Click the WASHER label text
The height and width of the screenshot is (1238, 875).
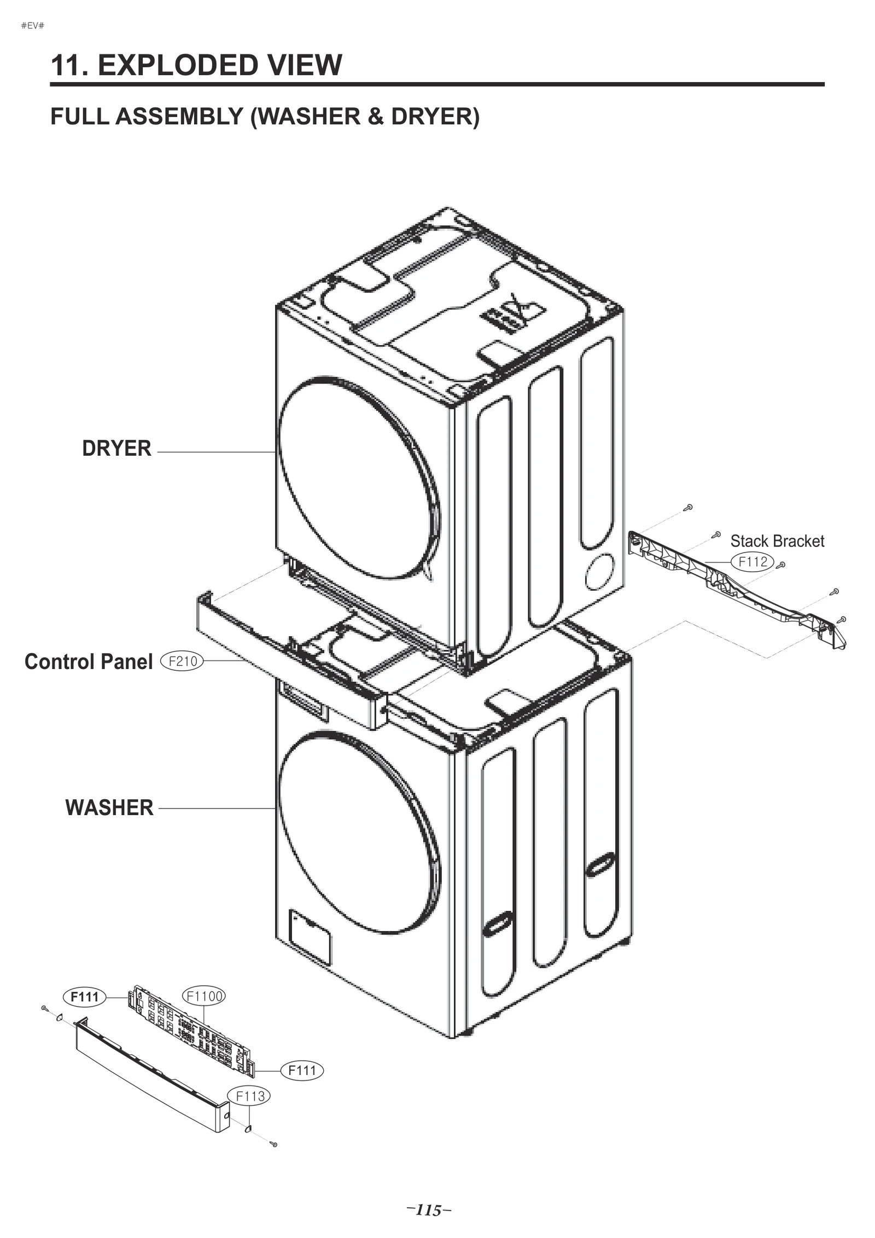[x=109, y=807]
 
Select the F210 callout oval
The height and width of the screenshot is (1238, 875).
[x=182, y=661]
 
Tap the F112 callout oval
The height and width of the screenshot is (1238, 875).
[x=752, y=561]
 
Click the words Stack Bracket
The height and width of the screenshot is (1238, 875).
[x=777, y=541]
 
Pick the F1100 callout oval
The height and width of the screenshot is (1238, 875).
[x=203, y=996]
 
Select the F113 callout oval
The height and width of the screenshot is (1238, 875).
[x=250, y=1096]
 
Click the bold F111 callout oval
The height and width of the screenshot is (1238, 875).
[x=85, y=997]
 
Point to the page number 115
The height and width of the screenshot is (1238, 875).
[x=429, y=1210]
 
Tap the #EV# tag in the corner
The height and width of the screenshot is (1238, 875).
[x=32, y=26]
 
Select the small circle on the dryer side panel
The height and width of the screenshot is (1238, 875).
[x=599, y=571]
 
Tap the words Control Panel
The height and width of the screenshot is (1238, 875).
[x=89, y=661]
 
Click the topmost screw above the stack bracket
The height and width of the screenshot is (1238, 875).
[x=690, y=507]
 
